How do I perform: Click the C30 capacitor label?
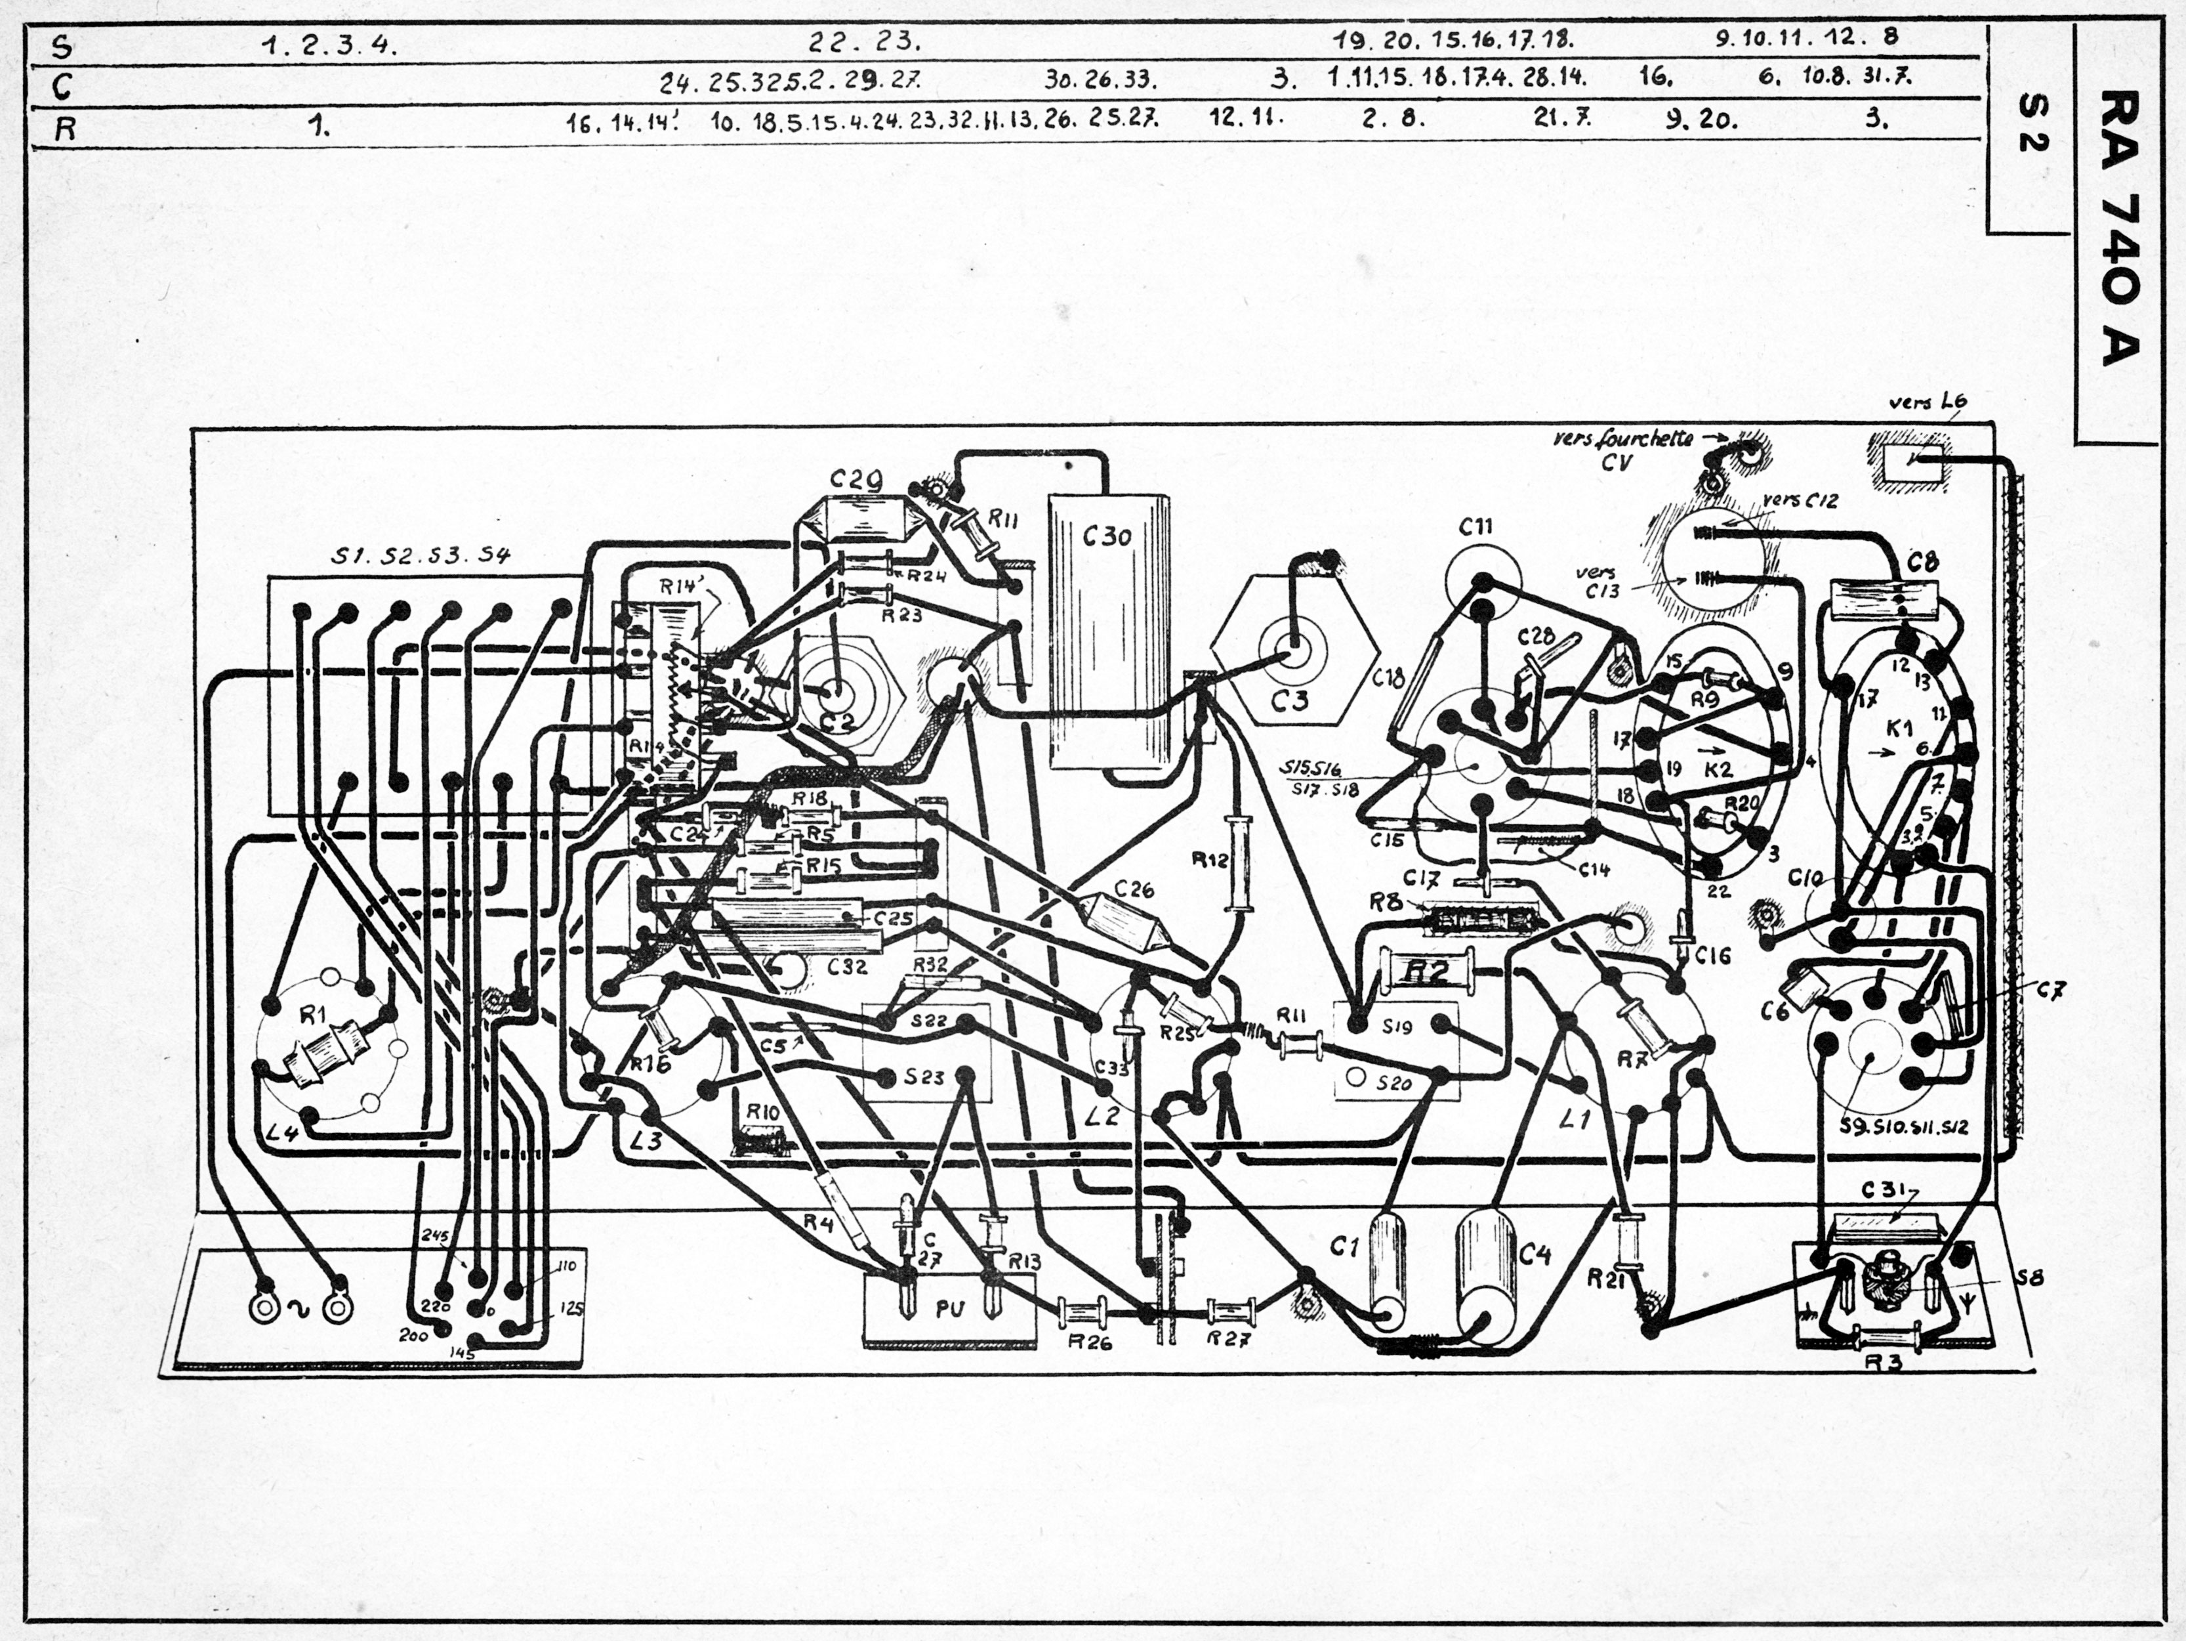1107,537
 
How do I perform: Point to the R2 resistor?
1426,971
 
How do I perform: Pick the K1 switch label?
1899,729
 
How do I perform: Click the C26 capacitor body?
1126,920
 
